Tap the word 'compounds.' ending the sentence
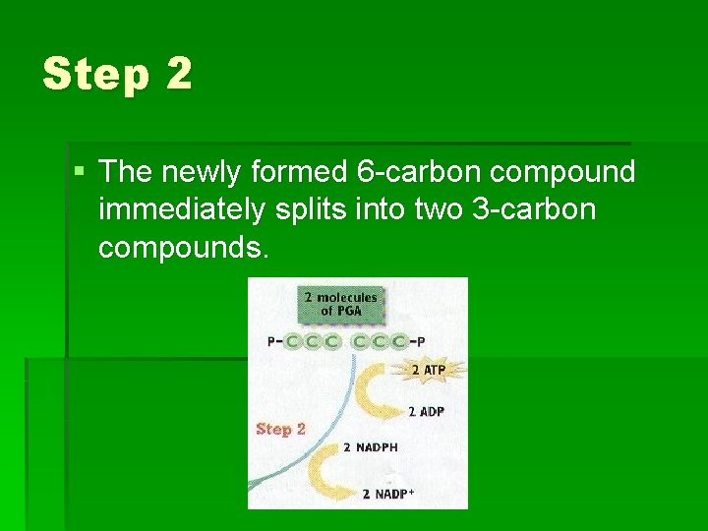[183, 248]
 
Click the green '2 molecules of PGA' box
[340, 304]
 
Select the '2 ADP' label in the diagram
[425, 411]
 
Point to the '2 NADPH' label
[370, 447]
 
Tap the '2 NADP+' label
[388, 493]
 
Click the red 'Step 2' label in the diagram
[281, 429]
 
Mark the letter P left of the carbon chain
[271, 342]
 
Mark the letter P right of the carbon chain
[421, 342]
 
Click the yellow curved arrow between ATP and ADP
[374, 391]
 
